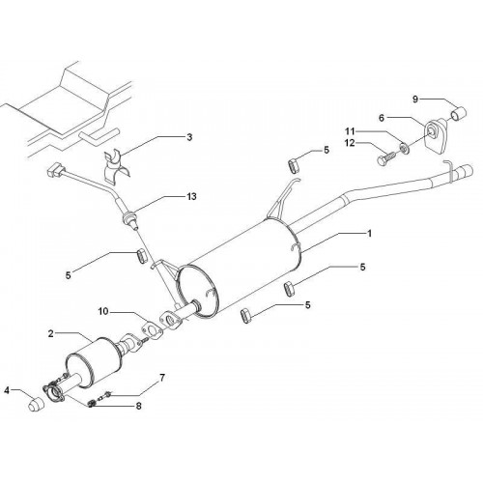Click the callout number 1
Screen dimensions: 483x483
[x=370, y=233]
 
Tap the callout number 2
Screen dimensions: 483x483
[x=51, y=333]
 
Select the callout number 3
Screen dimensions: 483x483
[x=189, y=137]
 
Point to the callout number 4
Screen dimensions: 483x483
[x=7, y=390]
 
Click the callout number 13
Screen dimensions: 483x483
[x=191, y=196]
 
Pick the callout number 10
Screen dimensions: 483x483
[x=103, y=311]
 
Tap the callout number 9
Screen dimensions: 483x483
[x=415, y=99]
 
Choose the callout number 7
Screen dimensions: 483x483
[x=162, y=378]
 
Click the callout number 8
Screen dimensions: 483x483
[x=138, y=406]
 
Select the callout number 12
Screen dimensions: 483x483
[x=350, y=143]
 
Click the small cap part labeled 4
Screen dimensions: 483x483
[x=36, y=405]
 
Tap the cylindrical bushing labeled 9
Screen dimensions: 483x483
[x=459, y=113]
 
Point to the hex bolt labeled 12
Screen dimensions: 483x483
[x=387, y=157]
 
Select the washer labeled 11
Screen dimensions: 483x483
[x=404, y=148]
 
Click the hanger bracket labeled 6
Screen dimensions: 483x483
[x=435, y=135]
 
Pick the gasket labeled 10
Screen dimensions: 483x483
[x=152, y=329]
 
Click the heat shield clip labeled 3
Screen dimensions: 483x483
[x=117, y=167]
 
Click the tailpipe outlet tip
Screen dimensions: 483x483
[x=465, y=171]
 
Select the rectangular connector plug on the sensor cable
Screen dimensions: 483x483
[x=55, y=170]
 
